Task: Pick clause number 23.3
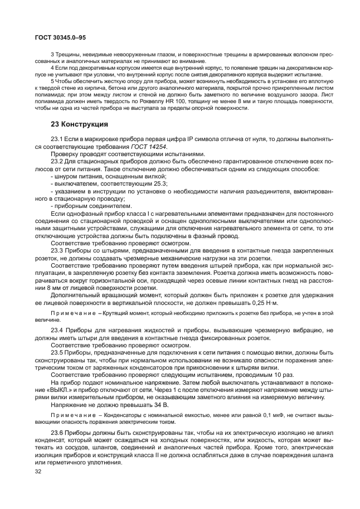(x=58, y=250)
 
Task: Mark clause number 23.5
(x=58, y=353)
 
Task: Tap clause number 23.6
(x=58, y=433)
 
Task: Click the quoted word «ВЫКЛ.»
(x=64, y=390)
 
